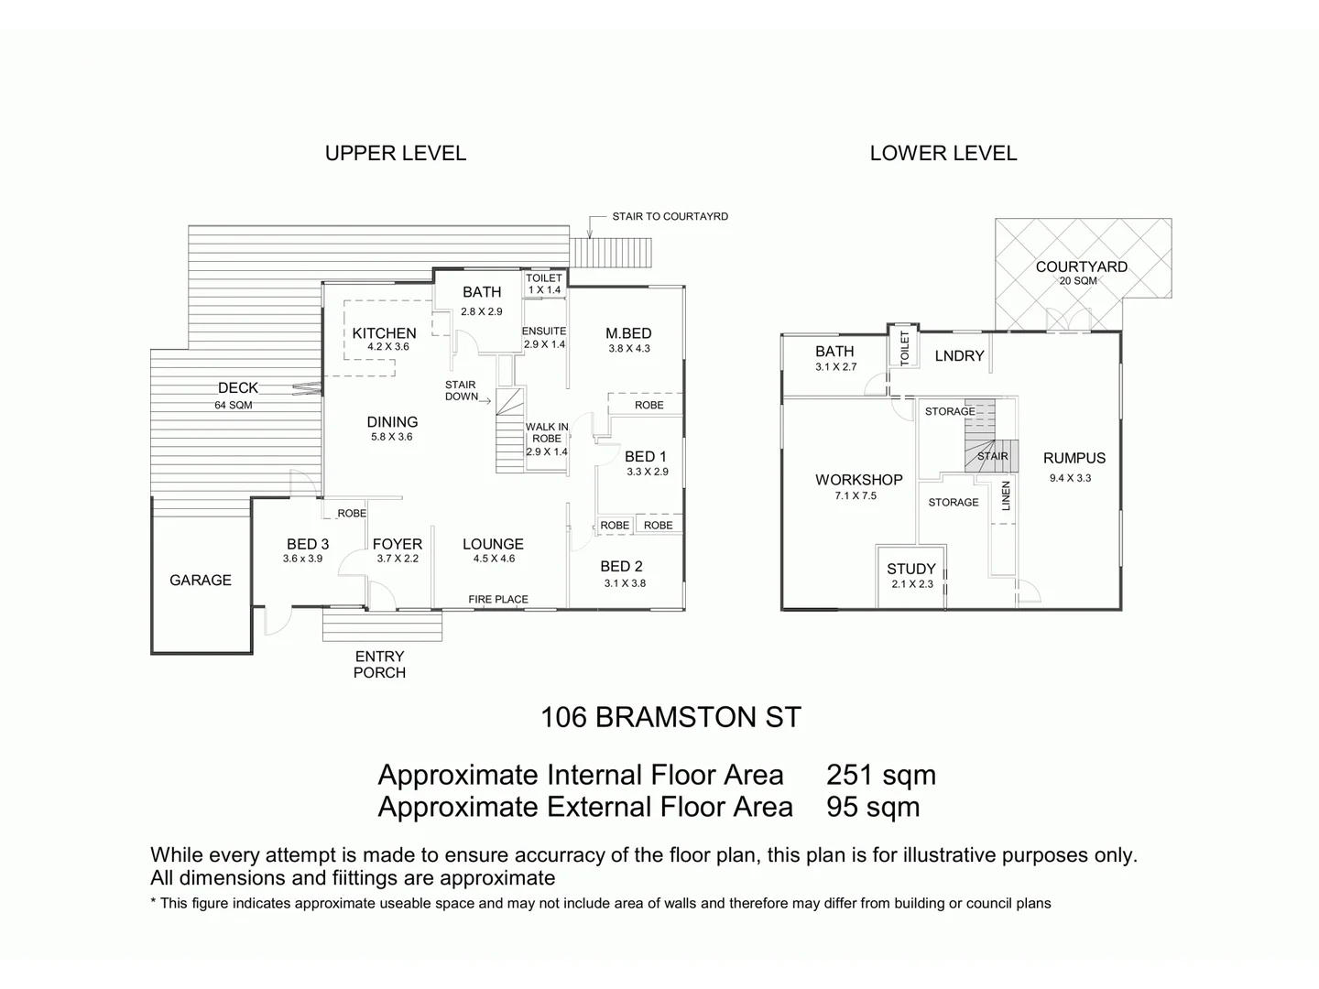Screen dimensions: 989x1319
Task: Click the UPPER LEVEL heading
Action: [395, 154]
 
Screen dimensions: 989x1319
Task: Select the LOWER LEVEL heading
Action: [943, 154]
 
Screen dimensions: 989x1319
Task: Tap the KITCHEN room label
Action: [384, 333]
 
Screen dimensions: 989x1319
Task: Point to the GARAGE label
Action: [201, 580]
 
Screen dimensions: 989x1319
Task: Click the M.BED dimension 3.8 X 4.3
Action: [628, 349]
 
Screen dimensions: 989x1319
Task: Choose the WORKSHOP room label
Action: [858, 480]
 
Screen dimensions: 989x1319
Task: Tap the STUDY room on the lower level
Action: [910, 570]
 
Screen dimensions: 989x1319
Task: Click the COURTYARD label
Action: [1081, 266]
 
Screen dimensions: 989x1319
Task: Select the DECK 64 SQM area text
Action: [234, 405]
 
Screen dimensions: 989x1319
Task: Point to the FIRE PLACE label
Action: [498, 600]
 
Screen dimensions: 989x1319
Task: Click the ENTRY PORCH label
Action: [379, 664]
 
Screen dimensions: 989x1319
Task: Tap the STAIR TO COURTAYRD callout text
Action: [670, 217]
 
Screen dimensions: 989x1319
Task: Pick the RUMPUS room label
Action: [1074, 458]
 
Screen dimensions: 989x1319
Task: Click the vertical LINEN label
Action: [1006, 495]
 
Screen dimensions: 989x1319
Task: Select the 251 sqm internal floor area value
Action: [880, 775]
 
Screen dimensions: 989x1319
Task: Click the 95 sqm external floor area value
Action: [872, 807]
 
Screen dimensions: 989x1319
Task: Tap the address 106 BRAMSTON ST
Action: [670, 717]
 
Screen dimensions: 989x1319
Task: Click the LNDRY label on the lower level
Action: [959, 356]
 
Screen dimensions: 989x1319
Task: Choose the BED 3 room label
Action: [307, 544]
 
